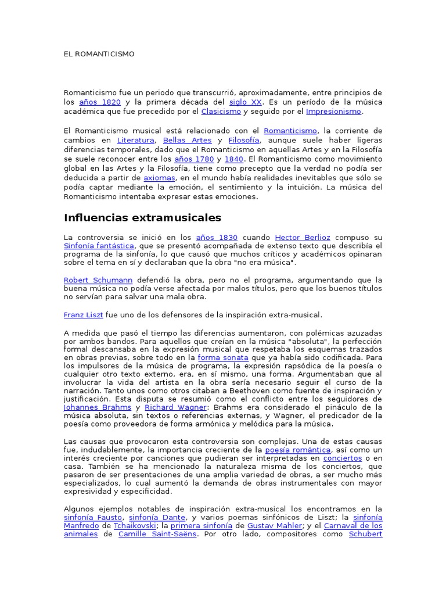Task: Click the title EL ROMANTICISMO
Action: [99, 54]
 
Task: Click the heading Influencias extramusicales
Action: [142, 218]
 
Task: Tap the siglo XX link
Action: [245, 102]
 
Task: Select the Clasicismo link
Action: [221, 111]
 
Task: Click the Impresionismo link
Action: [333, 111]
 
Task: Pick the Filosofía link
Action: [244, 140]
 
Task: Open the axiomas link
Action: [159, 177]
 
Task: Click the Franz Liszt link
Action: [83, 314]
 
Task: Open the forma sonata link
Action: [223, 357]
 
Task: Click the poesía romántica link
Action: [298, 450]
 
